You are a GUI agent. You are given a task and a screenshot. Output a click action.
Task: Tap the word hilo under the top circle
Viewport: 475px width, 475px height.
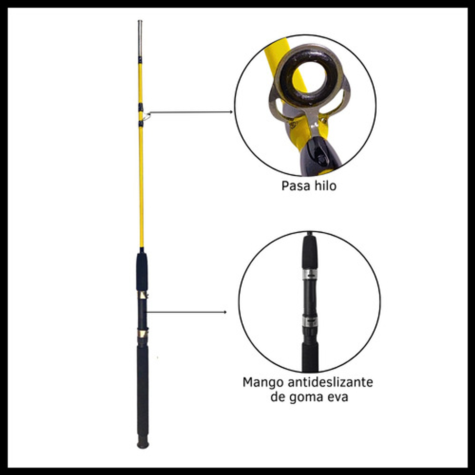[325, 185]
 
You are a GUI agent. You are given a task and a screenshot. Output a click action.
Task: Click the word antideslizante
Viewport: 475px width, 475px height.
[330, 382]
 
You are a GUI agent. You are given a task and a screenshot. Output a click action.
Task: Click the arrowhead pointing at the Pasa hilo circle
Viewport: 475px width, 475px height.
[231, 112]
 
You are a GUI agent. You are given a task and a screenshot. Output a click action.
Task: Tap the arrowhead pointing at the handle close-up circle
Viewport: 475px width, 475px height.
[225, 312]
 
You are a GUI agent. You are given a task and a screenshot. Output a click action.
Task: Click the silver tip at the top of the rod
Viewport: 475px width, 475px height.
[140, 38]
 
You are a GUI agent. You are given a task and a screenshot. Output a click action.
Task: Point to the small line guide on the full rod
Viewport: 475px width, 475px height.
[146, 116]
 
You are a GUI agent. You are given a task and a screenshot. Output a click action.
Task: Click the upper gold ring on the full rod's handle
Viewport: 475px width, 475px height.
[142, 295]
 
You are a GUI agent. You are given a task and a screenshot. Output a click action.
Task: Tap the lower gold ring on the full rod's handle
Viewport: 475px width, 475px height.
[142, 333]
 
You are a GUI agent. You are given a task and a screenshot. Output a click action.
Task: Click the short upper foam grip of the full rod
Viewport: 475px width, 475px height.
[142, 271]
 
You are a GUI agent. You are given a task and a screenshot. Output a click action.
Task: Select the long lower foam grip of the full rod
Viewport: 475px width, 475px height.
[142, 391]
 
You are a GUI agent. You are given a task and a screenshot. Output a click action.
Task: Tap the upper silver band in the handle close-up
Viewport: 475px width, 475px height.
[310, 274]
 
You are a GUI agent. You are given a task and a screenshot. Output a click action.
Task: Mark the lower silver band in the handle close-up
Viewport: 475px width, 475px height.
[310, 322]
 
